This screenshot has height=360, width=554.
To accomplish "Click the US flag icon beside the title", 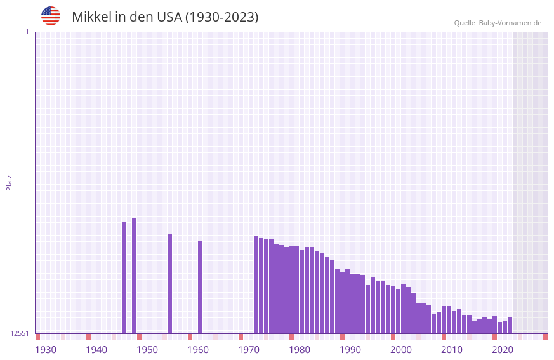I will [x=51, y=16].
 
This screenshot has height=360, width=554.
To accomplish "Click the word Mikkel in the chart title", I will [x=91, y=17].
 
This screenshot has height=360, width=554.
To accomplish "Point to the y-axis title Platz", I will [x=9, y=182].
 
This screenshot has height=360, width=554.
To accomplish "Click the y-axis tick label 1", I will [x=27, y=32].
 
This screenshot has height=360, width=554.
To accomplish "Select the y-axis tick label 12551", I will [x=20, y=333].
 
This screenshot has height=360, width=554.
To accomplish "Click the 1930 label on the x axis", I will [x=46, y=350].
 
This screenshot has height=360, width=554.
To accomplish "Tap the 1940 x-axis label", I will [x=96, y=350].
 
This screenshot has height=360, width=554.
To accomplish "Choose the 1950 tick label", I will [x=147, y=350].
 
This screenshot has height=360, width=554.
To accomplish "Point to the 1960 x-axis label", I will [x=198, y=350].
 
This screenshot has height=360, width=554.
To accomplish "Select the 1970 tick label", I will [x=249, y=350].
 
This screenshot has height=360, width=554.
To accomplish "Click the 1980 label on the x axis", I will [x=300, y=350].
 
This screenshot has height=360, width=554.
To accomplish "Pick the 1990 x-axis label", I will [x=350, y=350].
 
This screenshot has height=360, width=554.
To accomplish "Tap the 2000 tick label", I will [x=401, y=350].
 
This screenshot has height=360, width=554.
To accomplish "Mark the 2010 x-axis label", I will [x=452, y=350].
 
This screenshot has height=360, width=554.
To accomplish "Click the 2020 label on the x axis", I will [x=503, y=350].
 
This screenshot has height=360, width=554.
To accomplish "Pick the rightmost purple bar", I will [x=510, y=325].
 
